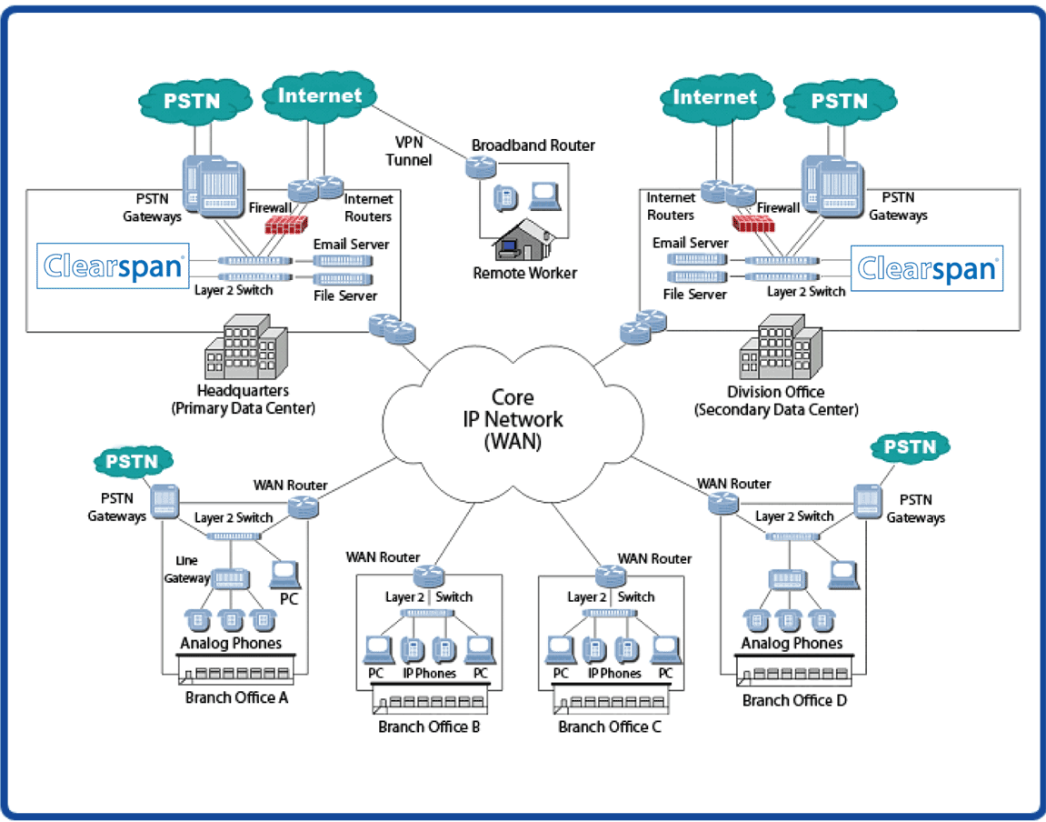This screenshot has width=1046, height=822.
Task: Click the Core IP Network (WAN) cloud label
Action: point(513,419)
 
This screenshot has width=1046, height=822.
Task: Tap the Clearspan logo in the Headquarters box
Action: point(114,266)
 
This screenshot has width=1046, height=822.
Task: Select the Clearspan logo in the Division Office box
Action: point(927,267)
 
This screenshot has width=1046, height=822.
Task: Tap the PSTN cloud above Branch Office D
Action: point(910,446)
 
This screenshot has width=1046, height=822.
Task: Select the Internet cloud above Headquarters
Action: point(319,95)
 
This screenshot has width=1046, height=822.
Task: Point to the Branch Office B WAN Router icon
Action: point(426,575)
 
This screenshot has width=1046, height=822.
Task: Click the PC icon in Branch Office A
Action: point(285,573)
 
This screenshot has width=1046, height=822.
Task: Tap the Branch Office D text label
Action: point(794,700)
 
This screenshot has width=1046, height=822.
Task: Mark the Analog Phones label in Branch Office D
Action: point(792,643)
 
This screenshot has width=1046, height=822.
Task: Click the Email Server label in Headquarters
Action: point(351,244)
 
